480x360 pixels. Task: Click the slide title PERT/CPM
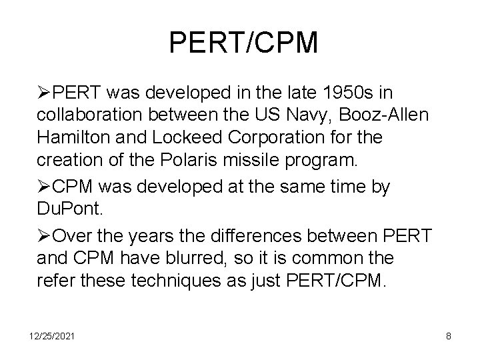pyautogui.click(x=244, y=43)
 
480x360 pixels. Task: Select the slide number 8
pyautogui.click(x=449, y=337)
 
